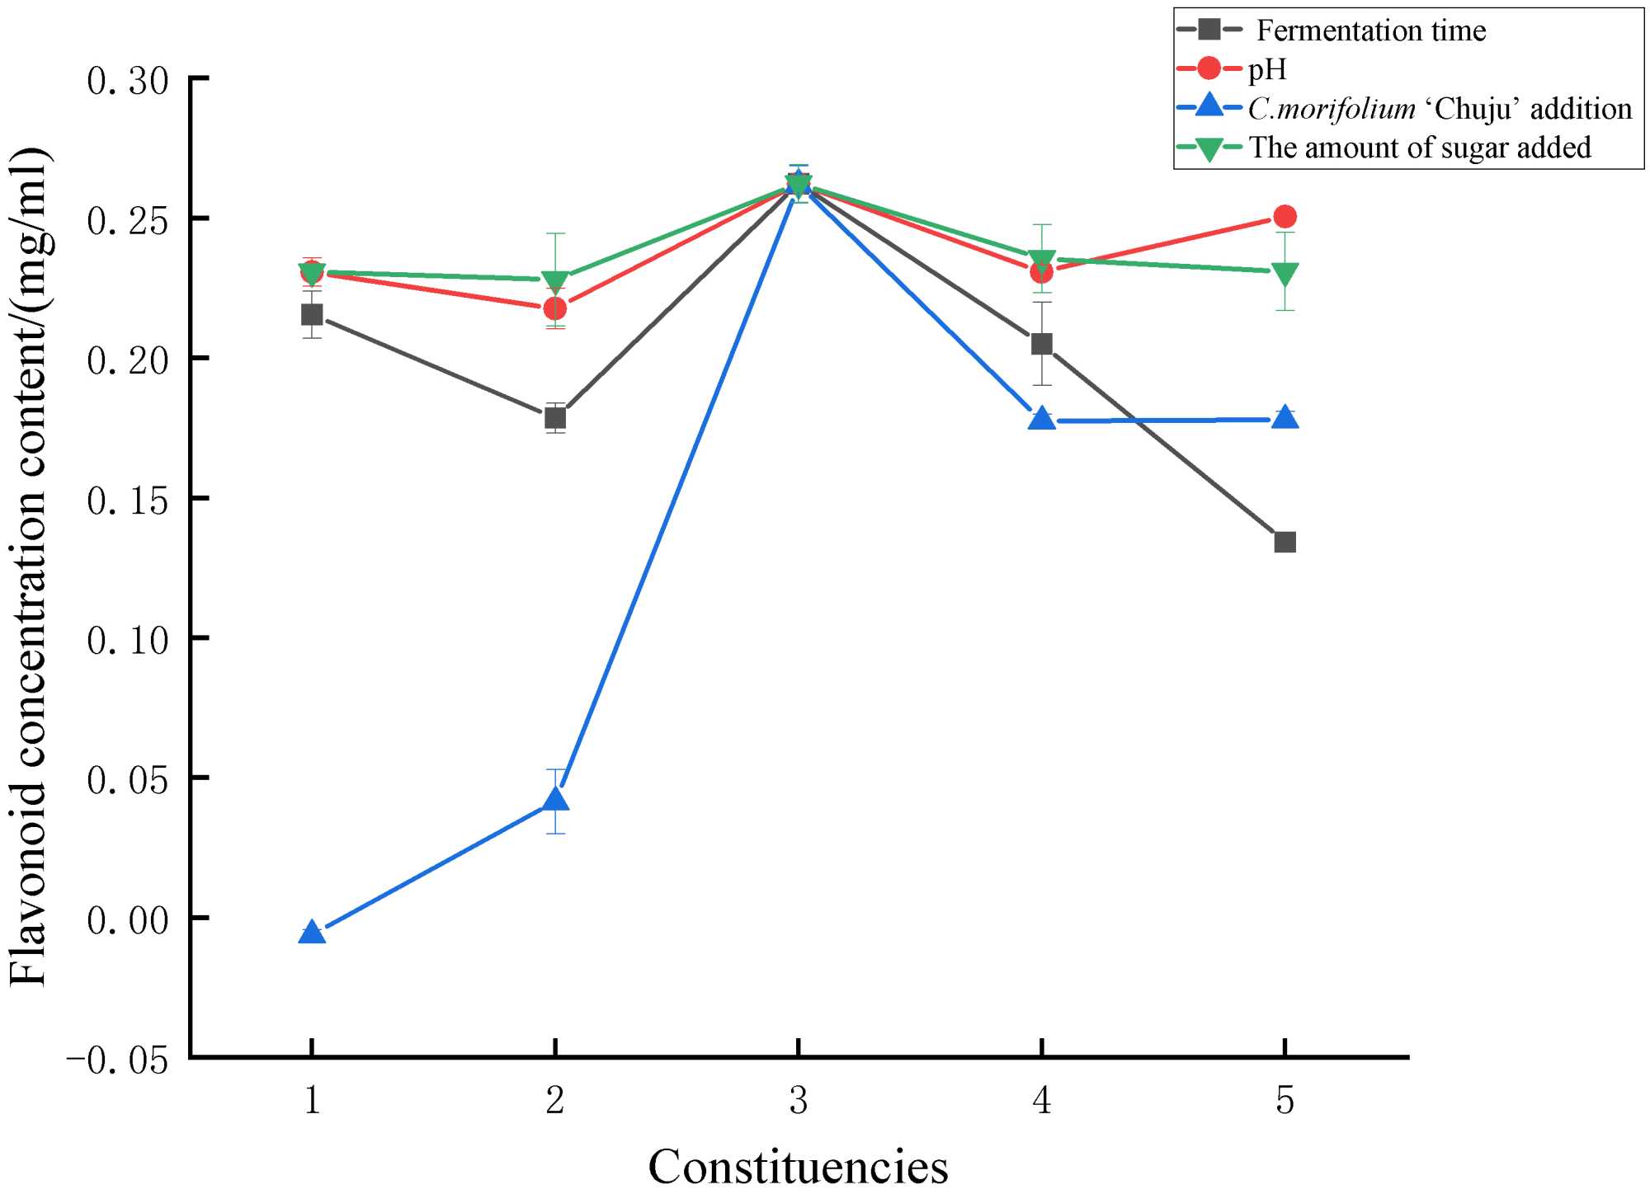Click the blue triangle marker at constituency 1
point(312,933)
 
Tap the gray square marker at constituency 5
point(1285,542)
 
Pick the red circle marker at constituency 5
point(1285,217)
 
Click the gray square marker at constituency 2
point(555,418)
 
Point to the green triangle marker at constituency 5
point(1285,273)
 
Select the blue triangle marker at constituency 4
point(1042,419)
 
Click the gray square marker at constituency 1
point(312,315)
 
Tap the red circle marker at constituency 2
point(555,308)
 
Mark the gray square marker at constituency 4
point(1042,344)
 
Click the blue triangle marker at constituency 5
point(1285,418)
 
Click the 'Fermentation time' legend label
point(1370,31)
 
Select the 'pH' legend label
point(1267,69)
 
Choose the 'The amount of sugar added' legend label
point(1419,148)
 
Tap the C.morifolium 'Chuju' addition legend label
point(1440,109)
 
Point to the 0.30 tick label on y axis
point(128,81)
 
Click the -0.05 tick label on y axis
point(117,1060)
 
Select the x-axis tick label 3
point(798,1101)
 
